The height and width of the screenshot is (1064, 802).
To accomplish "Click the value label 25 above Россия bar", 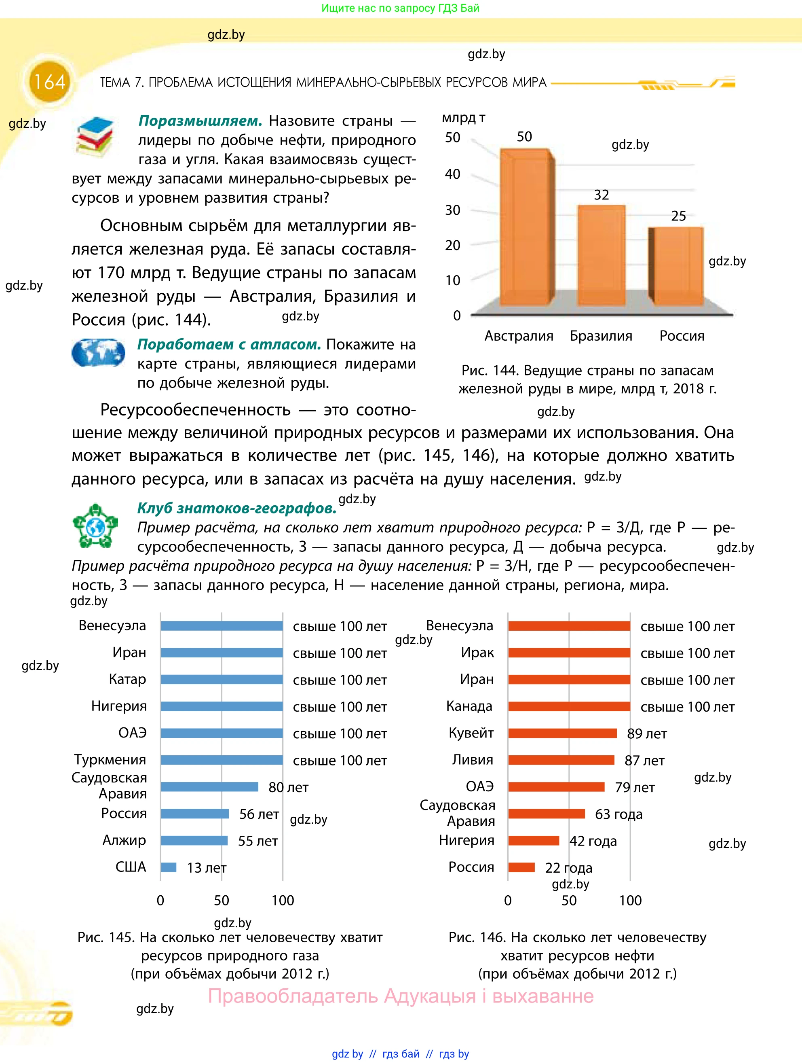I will [678, 216].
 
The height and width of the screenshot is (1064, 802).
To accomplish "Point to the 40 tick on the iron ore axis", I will [453, 174].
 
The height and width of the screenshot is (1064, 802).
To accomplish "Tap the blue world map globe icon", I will [99, 353].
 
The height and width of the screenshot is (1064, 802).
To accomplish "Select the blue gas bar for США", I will [169, 867].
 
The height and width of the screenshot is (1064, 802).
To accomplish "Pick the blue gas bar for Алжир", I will [194, 840].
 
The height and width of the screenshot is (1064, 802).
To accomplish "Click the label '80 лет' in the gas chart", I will [288, 787].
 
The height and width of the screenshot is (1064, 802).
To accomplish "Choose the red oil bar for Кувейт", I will [562, 733].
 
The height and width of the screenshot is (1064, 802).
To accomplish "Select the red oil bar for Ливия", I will [561, 760].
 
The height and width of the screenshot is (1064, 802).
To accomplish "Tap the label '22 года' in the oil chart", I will [568, 868].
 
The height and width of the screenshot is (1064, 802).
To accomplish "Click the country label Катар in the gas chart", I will [127, 679].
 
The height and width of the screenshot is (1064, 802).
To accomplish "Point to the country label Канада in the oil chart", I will [469, 706].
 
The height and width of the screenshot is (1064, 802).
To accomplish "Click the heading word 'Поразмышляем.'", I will [200, 121].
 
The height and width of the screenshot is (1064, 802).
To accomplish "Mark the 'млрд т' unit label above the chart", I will [463, 118].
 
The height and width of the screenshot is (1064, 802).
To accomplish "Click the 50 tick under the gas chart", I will [222, 901].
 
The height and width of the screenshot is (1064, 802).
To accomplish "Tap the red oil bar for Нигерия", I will [533, 840].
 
